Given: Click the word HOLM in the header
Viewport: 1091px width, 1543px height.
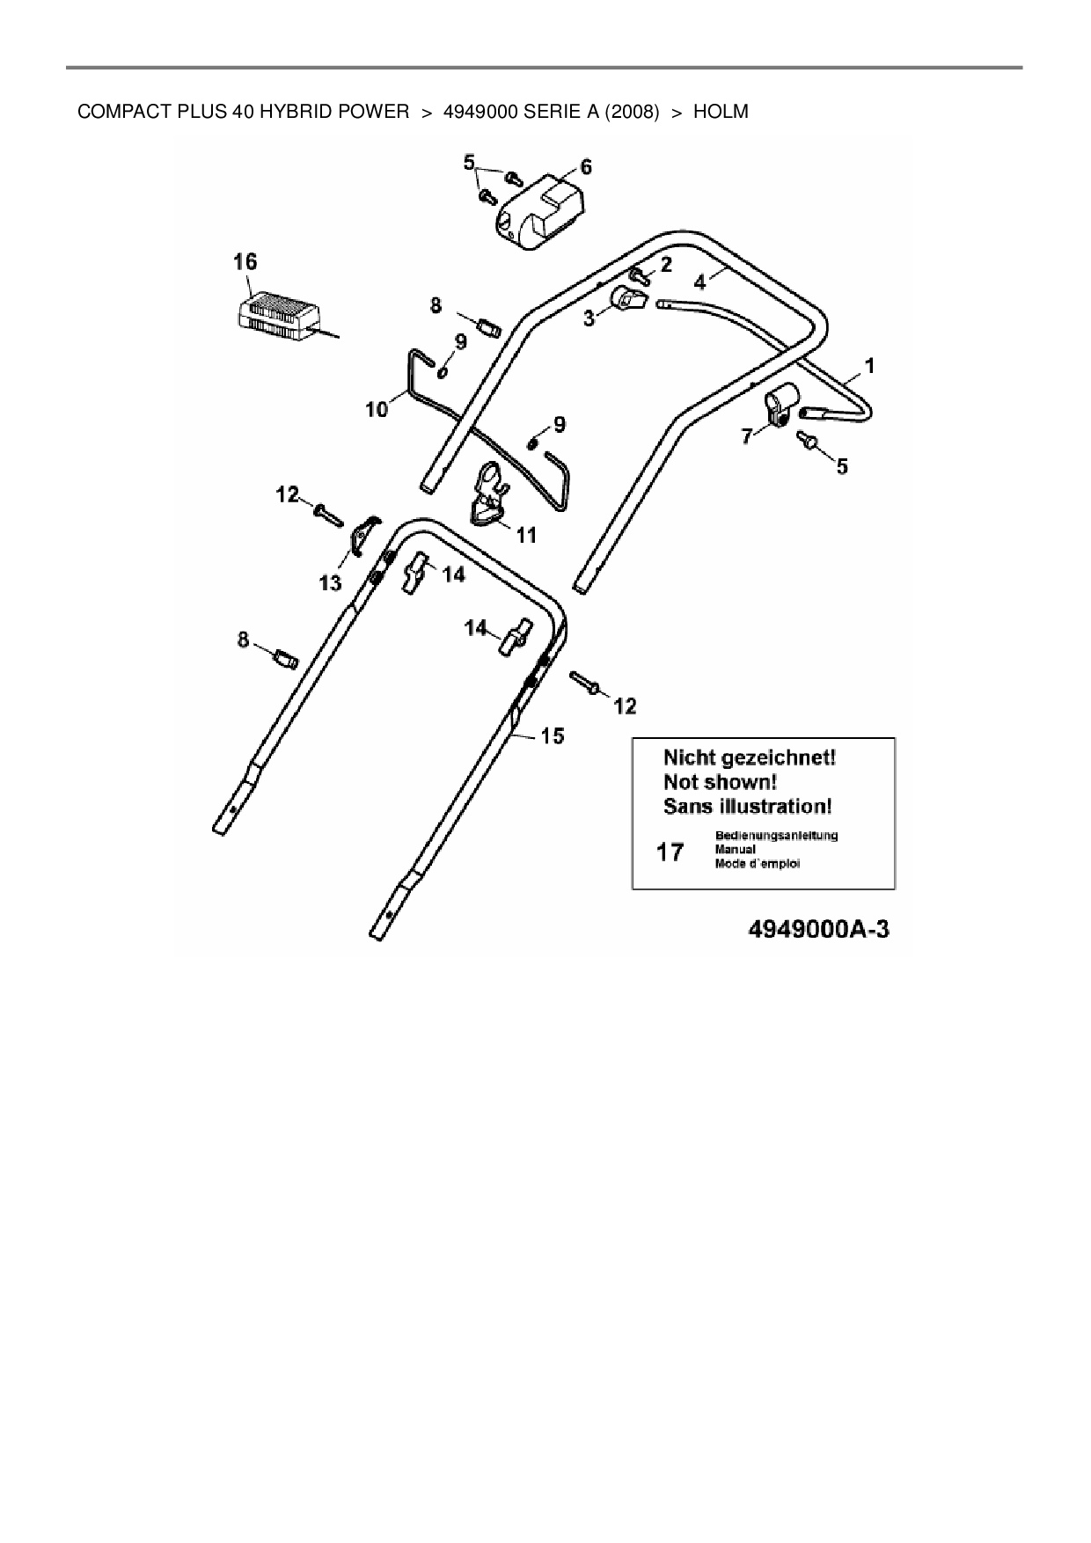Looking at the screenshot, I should pyautogui.click(x=721, y=112).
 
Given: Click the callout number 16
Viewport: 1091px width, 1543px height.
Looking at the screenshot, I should pyautogui.click(x=245, y=261).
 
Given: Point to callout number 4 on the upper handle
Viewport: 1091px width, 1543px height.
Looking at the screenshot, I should pyautogui.click(x=699, y=282).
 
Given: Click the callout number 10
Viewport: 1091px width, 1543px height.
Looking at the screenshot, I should pyautogui.click(x=377, y=409).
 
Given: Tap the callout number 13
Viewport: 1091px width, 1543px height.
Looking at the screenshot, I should pyautogui.click(x=330, y=582).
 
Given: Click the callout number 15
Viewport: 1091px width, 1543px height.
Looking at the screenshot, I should pyautogui.click(x=553, y=735).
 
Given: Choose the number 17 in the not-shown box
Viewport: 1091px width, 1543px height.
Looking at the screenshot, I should pyautogui.click(x=670, y=852).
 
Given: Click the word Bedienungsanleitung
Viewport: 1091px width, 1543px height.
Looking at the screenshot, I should pyautogui.click(x=776, y=836).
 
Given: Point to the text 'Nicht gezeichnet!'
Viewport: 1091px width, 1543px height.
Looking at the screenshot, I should pyautogui.click(x=749, y=757).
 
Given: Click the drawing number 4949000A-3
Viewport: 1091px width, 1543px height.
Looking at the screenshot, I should pyautogui.click(x=818, y=930).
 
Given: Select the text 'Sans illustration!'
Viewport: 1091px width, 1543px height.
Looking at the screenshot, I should pyautogui.click(x=748, y=806).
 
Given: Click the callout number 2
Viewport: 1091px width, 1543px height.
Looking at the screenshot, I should pyautogui.click(x=665, y=264).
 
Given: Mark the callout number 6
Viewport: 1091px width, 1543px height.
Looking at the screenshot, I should pyautogui.click(x=586, y=167).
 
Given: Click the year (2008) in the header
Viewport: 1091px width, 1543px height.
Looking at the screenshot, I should pyautogui.click(x=632, y=112).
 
